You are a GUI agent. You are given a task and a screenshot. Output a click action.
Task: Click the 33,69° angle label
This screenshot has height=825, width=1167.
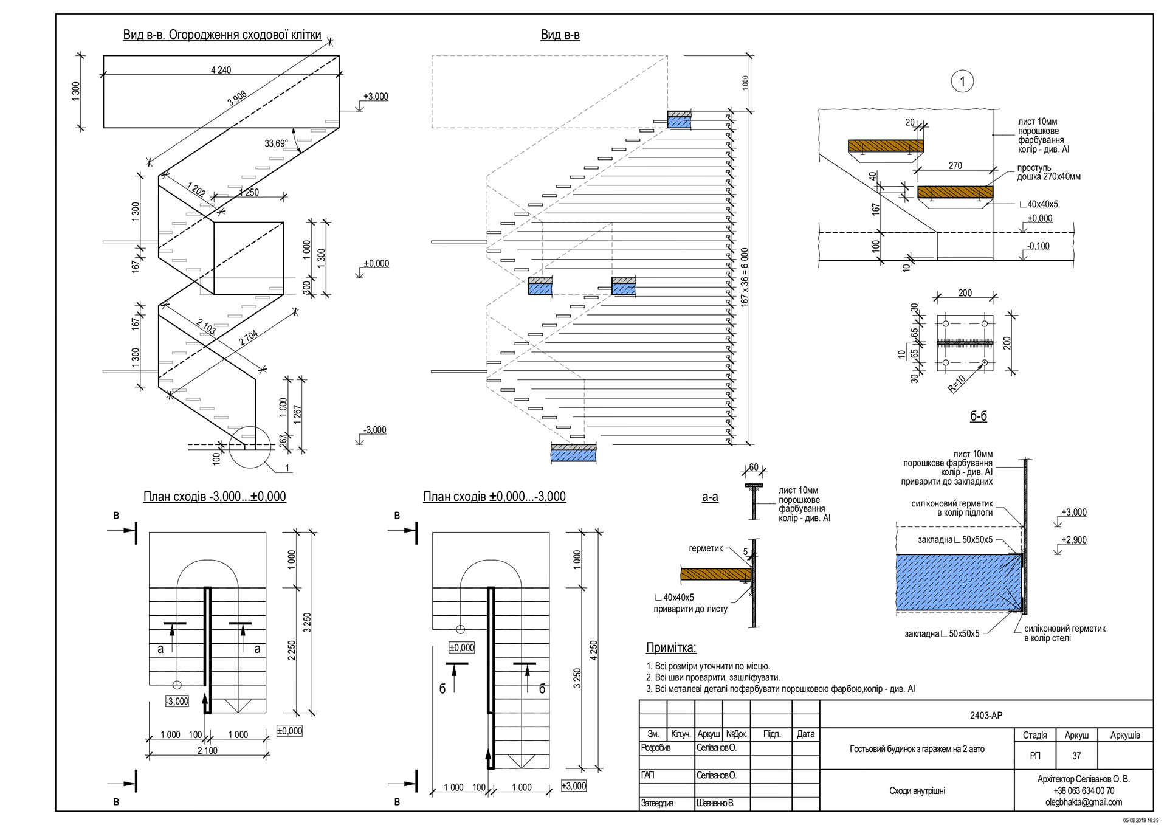(276, 143)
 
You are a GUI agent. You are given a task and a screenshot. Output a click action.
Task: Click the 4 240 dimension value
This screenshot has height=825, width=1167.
(221, 70)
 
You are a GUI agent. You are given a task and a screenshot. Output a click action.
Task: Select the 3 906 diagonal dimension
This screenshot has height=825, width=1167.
(237, 98)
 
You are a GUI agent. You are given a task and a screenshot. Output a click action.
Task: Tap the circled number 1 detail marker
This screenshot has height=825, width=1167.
(962, 81)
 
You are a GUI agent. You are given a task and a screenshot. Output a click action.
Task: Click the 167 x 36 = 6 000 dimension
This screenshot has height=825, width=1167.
(745, 277)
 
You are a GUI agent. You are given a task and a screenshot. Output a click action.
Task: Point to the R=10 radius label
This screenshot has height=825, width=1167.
(957, 384)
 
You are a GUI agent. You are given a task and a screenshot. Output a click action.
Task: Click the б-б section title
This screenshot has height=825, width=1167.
(978, 416)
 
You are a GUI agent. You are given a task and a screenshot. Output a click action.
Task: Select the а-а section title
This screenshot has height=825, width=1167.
(709, 497)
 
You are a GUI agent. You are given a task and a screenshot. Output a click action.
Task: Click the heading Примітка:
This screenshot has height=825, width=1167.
(670, 647)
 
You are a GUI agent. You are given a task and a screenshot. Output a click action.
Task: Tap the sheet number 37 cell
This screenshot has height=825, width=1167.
(1076, 756)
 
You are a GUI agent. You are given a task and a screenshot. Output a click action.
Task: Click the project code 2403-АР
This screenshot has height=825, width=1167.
(986, 715)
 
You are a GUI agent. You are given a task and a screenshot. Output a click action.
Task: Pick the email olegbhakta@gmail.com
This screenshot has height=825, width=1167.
(1083, 802)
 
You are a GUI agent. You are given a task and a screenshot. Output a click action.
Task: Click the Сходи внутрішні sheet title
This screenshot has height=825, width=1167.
(917, 790)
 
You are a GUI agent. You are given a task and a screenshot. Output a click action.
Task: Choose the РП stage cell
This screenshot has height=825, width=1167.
(1034, 756)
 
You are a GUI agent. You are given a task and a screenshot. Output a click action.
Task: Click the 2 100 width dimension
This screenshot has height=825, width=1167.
(207, 750)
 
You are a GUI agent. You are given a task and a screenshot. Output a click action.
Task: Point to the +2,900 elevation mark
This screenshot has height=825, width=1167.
(1074, 540)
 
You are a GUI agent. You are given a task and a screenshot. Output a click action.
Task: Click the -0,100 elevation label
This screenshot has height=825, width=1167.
(1038, 246)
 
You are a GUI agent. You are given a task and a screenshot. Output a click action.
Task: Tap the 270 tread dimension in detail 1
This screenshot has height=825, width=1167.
(955, 165)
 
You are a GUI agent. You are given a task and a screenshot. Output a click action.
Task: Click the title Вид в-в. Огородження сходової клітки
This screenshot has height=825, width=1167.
(222, 35)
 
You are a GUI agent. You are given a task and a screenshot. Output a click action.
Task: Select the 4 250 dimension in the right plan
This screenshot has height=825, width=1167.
(593, 650)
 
